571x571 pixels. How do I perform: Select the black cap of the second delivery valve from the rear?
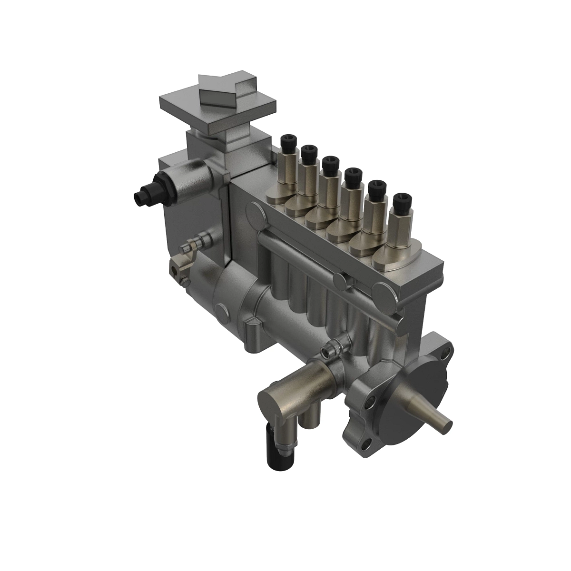[x=308, y=152]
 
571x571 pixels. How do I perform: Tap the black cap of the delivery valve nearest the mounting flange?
[x=400, y=199]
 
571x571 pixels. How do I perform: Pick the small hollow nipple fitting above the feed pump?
[x=329, y=351]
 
